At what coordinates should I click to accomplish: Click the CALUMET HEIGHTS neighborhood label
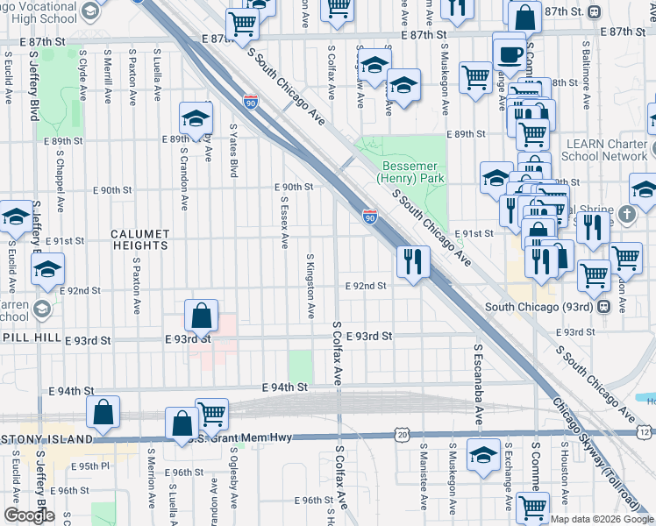pos(140,240)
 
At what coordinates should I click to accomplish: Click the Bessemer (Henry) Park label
pos(411,171)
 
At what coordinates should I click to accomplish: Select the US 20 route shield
pos(402,434)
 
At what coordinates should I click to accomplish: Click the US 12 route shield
pos(645,433)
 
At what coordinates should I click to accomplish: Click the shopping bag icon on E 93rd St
pos(202,316)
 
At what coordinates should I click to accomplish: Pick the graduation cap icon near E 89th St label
pos(196,118)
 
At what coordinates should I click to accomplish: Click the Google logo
pos(29,516)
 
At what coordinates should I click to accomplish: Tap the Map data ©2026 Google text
pos(602,519)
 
